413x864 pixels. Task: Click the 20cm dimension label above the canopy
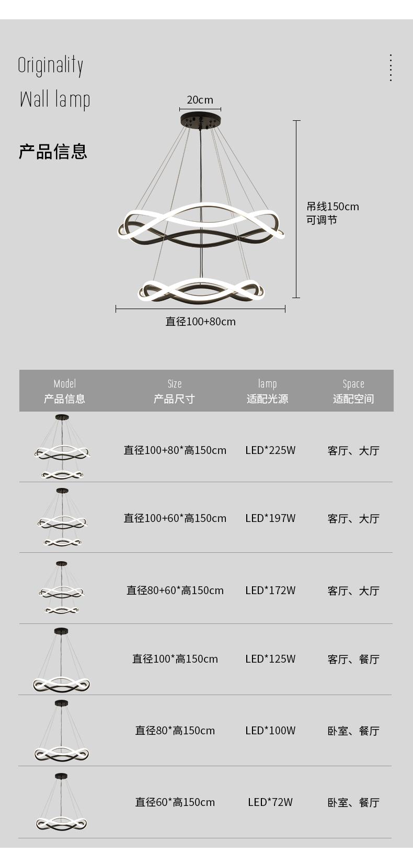(200, 100)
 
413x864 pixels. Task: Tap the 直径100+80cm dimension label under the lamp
(200, 322)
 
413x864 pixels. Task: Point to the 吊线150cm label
(332, 207)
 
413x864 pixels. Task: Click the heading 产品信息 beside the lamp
(53, 151)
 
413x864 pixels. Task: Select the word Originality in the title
(51, 65)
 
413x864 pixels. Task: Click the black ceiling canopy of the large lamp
(200, 120)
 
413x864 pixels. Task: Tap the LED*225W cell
(270, 450)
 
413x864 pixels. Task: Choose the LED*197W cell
(270, 518)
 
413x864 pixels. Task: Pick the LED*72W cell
(270, 802)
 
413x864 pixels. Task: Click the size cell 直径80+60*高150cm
(175, 590)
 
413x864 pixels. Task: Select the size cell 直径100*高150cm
(175, 659)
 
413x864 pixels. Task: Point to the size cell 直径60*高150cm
(175, 802)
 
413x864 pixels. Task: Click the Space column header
(353, 391)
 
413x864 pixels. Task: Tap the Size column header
(174, 391)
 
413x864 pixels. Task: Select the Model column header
(64, 391)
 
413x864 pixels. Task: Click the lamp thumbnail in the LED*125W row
(62, 660)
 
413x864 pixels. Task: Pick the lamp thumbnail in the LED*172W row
(62, 588)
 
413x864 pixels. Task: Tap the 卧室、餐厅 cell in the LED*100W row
(353, 731)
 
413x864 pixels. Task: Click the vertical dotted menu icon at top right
(391, 67)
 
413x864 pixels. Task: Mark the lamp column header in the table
(267, 391)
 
